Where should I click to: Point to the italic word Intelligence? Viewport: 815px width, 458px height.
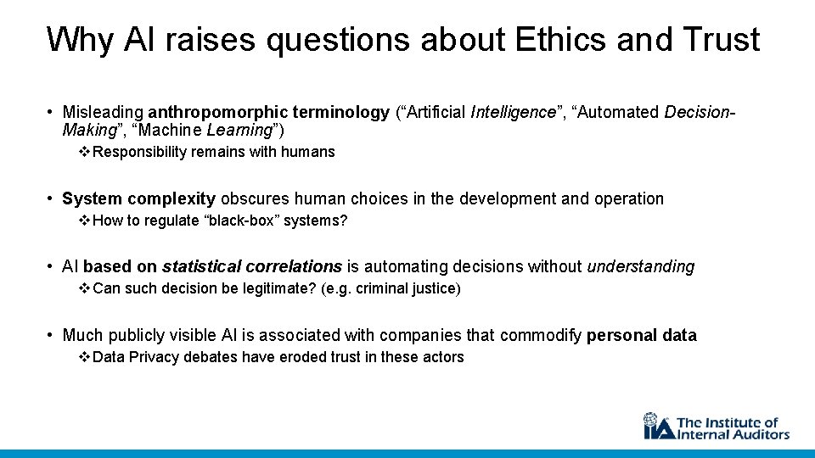[x=513, y=113]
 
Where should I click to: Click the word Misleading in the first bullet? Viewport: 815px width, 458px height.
[x=104, y=113]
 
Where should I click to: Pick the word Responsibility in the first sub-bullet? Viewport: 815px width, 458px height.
[x=141, y=153]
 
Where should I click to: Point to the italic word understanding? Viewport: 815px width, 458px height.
[x=640, y=267]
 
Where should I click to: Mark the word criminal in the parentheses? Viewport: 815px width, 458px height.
[x=385, y=289]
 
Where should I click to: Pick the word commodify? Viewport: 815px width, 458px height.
[x=540, y=336]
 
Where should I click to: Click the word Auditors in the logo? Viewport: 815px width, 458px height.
[x=757, y=434]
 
